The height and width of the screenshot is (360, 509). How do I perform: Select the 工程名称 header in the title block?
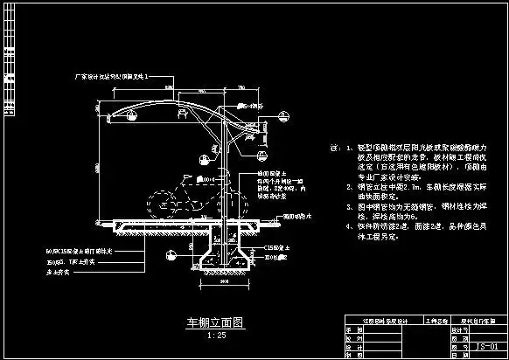point(411,322)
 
